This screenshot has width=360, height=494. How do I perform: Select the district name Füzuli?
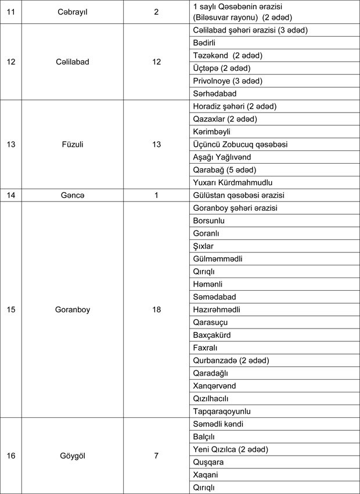[x=74, y=145]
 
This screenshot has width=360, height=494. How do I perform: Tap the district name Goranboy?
[x=74, y=309]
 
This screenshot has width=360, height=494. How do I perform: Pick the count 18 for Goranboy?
[x=156, y=309]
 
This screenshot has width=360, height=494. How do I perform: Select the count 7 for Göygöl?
[x=156, y=456]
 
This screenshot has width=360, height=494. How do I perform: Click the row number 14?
[x=11, y=195]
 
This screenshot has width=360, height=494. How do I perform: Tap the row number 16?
[x=11, y=456]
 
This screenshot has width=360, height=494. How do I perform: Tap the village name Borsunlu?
[x=208, y=221]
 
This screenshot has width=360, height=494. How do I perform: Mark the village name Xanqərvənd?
[x=214, y=385]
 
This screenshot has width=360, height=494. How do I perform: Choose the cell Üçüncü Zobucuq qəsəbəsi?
[x=239, y=144]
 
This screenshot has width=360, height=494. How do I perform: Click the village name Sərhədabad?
[x=214, y=93]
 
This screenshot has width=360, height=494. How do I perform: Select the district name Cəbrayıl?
[x=74, y=11]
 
